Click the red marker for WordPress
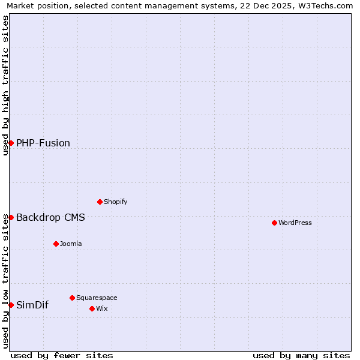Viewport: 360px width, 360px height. pos(274,223)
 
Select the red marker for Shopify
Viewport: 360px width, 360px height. pos(100,202)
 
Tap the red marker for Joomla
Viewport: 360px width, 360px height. pos(56,244)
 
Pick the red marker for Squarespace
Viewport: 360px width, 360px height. pos(72,298)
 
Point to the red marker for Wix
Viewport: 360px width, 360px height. pos(92,308)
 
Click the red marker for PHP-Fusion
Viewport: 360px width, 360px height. pos(11,143)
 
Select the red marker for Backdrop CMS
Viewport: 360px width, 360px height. pos(11,217)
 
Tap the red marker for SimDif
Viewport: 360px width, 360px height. pos(11,305)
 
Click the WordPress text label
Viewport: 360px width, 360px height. pos(295,223)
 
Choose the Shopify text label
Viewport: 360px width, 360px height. pos(116,202)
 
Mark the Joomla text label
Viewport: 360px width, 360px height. pos(71,244)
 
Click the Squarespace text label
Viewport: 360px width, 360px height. pos(97,298)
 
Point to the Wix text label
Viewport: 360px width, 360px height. pos(101,308)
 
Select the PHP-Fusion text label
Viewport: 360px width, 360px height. pos(43,143)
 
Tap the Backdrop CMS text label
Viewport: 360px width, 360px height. pos(50,217)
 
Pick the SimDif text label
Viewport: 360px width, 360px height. pos(32,305)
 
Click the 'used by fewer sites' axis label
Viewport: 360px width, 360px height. pos(62,355)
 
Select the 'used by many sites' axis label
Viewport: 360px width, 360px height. pos(301,355)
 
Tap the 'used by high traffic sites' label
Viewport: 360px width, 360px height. pos(5,85)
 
